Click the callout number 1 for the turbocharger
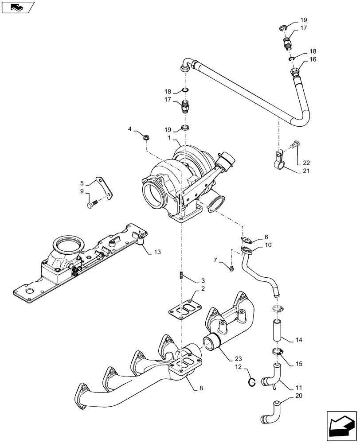coord(169,139)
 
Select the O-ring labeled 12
coord(251,382)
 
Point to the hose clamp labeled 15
coord(277,352)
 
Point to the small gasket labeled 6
coord(248,240)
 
